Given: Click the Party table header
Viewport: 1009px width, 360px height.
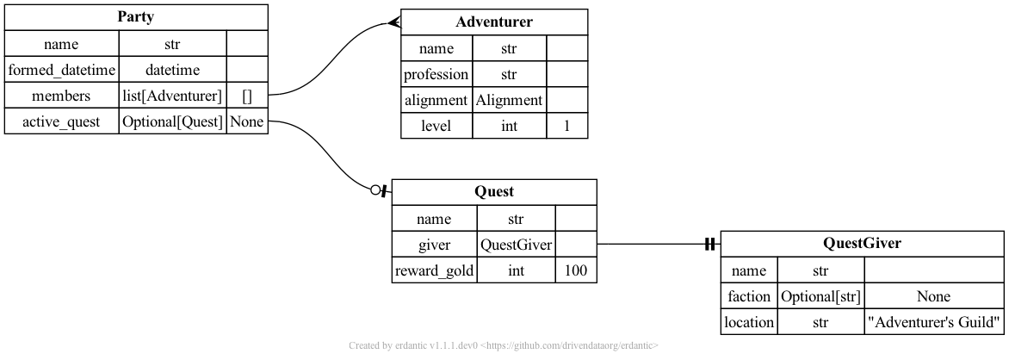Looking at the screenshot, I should (136, 17).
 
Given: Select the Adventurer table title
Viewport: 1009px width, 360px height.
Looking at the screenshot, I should (494, 22).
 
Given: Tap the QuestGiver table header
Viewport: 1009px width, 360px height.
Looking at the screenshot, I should (862, 244).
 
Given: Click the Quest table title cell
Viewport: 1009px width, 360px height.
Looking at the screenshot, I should (494, 192).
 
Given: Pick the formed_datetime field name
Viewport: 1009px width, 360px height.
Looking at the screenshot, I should (61, 70).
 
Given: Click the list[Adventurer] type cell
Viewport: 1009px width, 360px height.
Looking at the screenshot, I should (172, 96).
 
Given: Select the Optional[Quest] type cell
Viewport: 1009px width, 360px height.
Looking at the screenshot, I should (172, 122).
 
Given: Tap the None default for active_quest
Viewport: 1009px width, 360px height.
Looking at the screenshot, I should (247, 122).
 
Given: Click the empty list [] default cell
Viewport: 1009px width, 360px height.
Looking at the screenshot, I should (247, 96).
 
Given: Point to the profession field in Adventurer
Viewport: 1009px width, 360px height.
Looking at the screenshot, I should (436, 74).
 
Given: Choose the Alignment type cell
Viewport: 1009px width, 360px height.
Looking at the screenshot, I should (510, 100).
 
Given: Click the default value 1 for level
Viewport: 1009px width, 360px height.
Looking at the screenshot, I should (567, 126).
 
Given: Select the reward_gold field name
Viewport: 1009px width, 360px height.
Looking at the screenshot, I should (435, 270).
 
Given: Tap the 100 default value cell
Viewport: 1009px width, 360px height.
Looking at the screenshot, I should (576, 270).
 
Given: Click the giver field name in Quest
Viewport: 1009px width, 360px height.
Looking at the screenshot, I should (435, 245).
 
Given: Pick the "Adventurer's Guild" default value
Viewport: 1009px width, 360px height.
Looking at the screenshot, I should (934, 323).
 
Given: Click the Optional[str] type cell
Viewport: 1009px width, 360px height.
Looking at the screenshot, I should (820, 297).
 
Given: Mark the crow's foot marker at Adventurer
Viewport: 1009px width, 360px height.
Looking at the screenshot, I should (393, 22).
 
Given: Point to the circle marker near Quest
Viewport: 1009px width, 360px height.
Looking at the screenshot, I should (375, 191).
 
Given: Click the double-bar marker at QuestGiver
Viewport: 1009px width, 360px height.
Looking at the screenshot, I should (709, 245).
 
